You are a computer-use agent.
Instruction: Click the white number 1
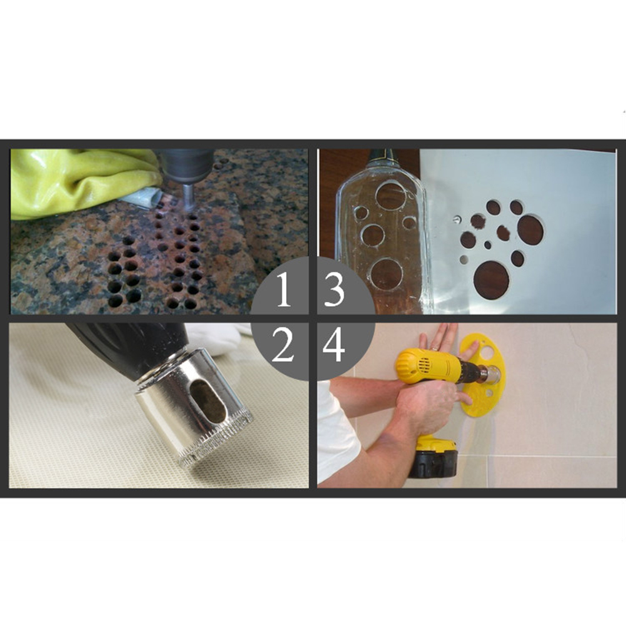(x=284, y=290)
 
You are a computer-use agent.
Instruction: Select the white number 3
(x=334, y=290)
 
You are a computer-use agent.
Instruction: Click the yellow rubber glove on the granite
(x=80, y=182)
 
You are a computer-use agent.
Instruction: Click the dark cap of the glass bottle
(x=382, y=158)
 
